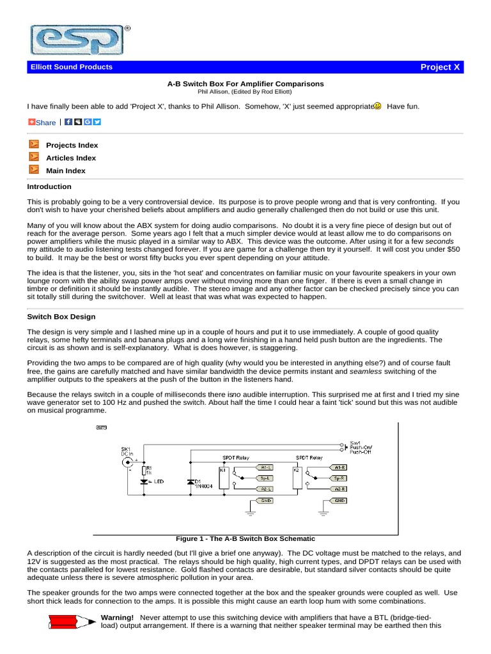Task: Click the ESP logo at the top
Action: [76, 40]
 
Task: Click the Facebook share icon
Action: [68, 122]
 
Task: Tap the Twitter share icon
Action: [97, 122]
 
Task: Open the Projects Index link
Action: [72, 145]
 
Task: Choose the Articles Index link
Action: [71, 158]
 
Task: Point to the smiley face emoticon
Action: [377, 106]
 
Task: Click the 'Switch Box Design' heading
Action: [61, 316]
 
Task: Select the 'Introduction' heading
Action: [49, 186]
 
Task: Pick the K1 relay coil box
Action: [223, 477]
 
